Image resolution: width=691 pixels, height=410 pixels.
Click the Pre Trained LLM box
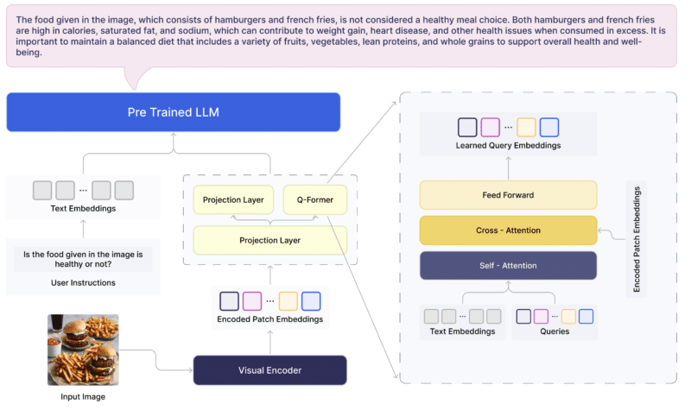173,112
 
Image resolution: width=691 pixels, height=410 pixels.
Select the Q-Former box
314,200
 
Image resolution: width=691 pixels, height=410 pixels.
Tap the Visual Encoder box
270,370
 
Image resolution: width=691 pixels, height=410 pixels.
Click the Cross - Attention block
508,230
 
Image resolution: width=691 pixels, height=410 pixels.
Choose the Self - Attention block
508,266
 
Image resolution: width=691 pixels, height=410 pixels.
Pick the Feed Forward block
508,195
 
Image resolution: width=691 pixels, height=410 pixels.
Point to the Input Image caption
82,397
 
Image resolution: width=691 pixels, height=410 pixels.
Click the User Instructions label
82,282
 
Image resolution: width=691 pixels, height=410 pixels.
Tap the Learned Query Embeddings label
508,146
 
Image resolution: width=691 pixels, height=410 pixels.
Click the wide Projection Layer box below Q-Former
269,240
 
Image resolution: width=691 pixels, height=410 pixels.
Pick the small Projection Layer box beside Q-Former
233,200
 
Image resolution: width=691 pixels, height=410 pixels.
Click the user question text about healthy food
82,258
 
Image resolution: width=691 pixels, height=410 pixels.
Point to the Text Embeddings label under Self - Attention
462,331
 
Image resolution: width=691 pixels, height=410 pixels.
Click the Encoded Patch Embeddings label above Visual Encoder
269,320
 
